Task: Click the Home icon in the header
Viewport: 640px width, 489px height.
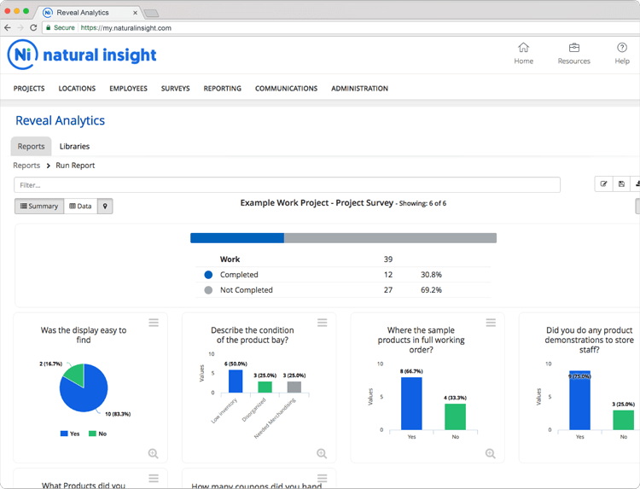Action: tap(523, 48)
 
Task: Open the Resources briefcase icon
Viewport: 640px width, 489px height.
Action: tap(573, 48)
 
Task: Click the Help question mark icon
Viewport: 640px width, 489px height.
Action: tap(622, 48)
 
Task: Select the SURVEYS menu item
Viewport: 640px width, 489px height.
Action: tap(175, 89)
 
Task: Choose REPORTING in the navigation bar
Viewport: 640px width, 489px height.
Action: tap(222, 89)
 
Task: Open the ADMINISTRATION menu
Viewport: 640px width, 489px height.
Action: tap(359, 89)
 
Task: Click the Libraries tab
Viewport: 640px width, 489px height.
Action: tap(74, 147)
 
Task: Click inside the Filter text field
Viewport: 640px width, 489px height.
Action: tap(287, 184)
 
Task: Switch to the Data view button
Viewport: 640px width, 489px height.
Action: tap(80, 207)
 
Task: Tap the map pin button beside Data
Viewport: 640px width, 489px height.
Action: tap(105, 207)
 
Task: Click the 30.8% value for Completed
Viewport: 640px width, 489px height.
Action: tap(431, 275)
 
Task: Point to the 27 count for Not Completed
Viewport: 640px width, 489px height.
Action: tap(388, 290)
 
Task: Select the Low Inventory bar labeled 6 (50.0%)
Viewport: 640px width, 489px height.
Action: tap(236, 381)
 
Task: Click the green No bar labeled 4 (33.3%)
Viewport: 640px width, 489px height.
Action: tap(455, 416)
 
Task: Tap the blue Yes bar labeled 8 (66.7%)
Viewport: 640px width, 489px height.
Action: tap(411, 403)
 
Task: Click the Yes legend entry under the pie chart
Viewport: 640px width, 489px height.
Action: tap(70, 434)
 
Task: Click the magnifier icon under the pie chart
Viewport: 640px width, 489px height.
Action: tap(153, 454)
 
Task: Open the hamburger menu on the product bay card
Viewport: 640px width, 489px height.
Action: tap(323, 323)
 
